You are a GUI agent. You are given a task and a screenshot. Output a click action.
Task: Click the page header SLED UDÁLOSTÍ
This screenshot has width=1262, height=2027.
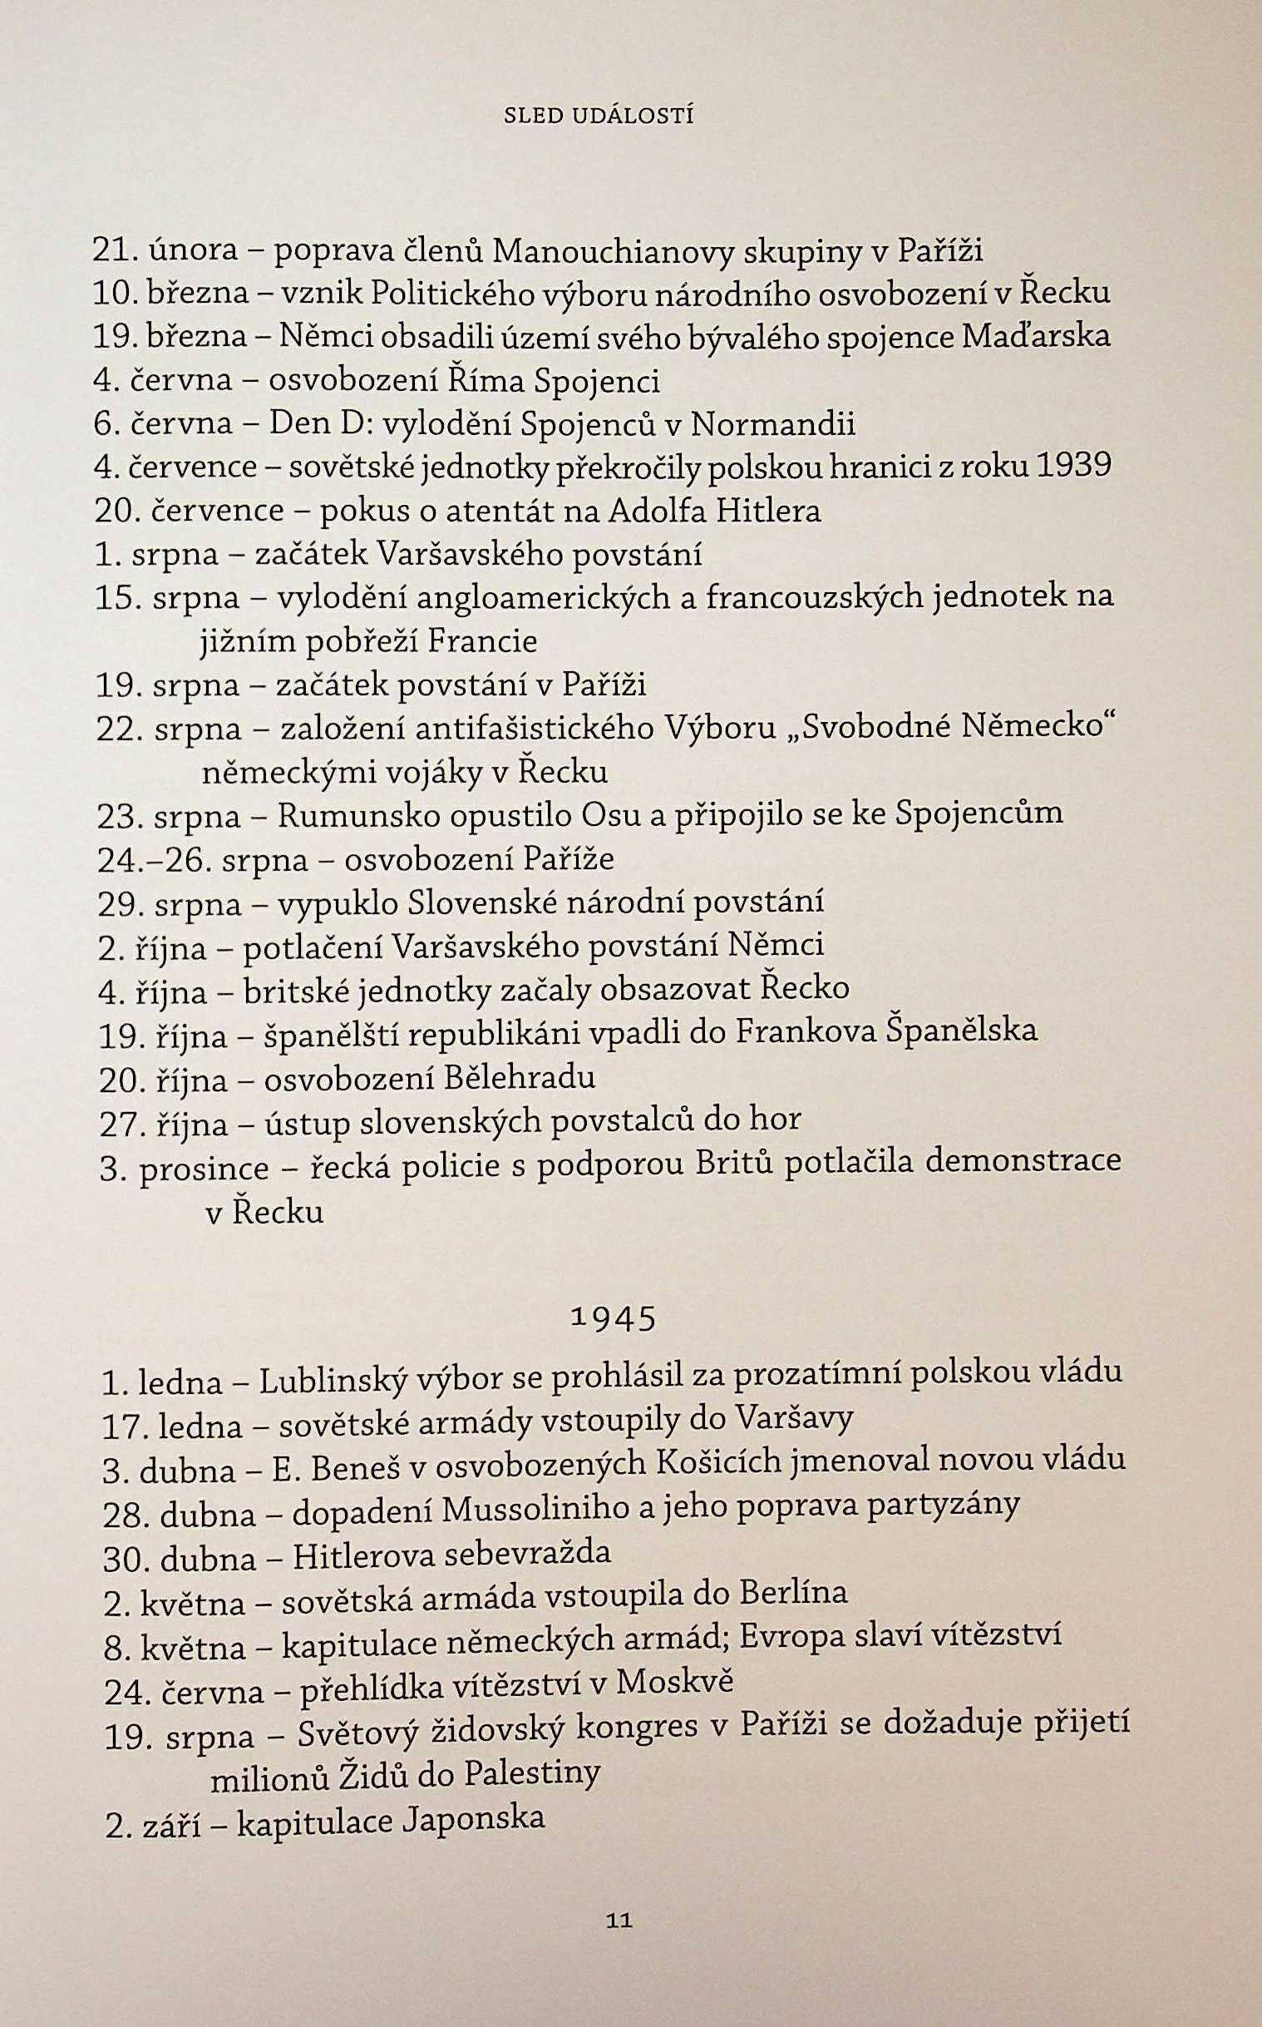click(599, 116)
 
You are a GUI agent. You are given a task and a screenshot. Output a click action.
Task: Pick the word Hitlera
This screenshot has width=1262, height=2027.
click(767, 510)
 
